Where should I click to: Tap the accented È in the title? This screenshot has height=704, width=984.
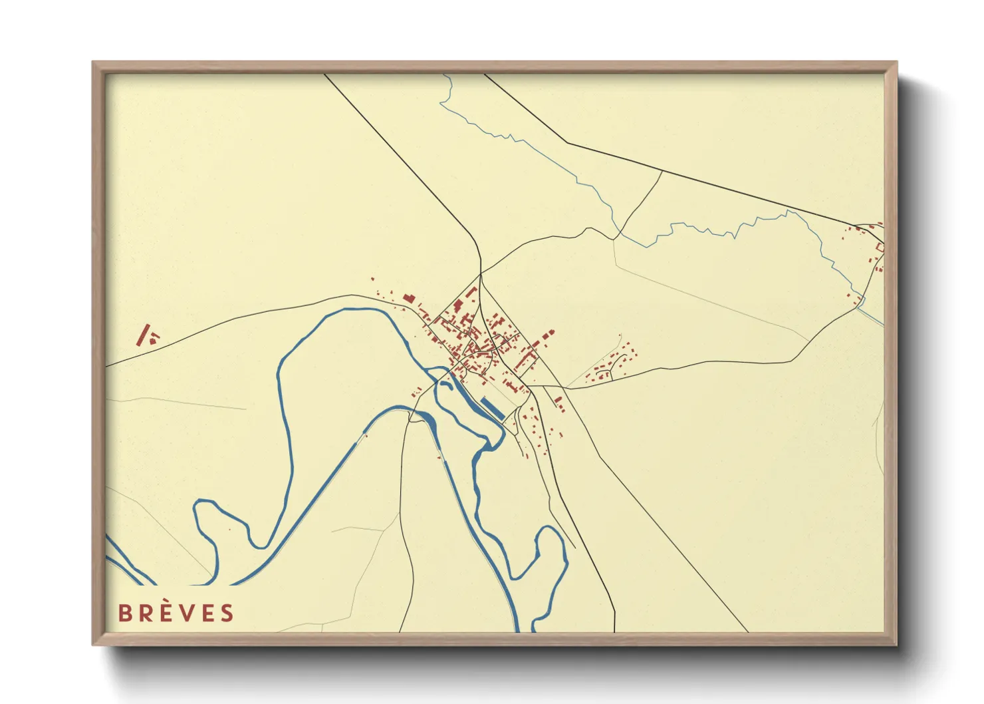(168, 612)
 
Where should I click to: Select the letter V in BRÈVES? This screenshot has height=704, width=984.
(189, 613)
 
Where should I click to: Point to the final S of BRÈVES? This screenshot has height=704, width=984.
(228, 613)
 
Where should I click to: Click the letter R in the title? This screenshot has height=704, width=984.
(146, 613)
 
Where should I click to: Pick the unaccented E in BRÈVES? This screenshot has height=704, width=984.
(209, 613)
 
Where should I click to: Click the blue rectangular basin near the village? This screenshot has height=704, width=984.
(493, 407)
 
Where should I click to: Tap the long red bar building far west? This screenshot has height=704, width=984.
(143, 335)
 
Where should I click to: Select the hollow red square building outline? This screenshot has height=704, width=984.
(880, 248)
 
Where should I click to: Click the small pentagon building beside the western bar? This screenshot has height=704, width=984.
(154, 339)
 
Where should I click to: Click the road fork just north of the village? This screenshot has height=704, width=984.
(480, 273)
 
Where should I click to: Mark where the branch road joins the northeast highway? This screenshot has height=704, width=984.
(662, 171)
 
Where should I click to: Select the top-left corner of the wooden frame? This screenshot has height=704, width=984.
(93, 63)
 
